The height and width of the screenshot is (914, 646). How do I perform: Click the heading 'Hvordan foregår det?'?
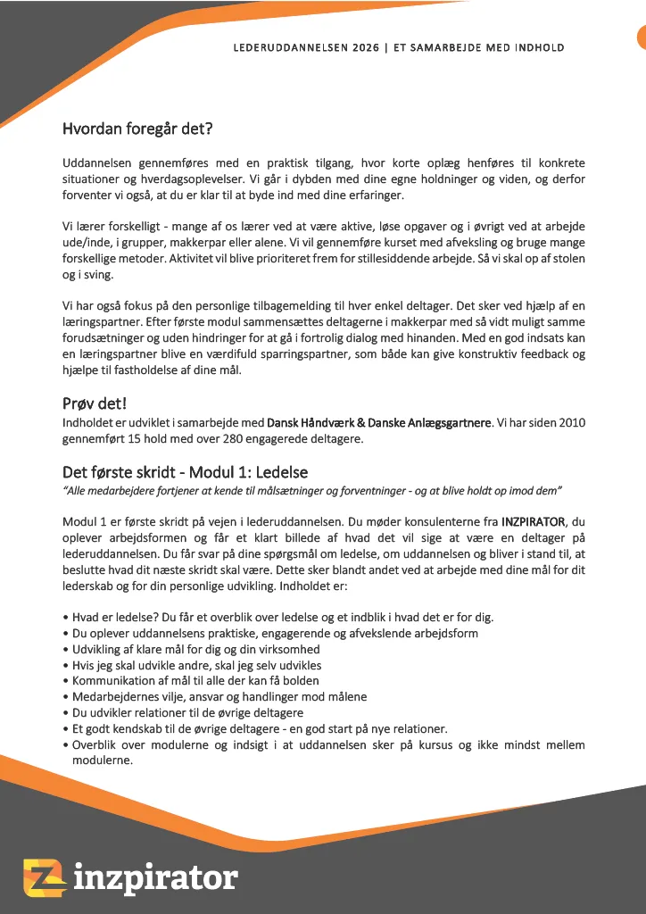(137, 129)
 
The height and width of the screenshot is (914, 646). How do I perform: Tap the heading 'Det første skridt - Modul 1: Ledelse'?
(186, 471)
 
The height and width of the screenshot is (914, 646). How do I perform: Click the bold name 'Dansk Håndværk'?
(310, 422)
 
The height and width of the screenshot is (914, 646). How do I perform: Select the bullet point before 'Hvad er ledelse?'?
(65, 618)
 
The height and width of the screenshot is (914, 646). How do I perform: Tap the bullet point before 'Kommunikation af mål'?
(65, 682)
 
